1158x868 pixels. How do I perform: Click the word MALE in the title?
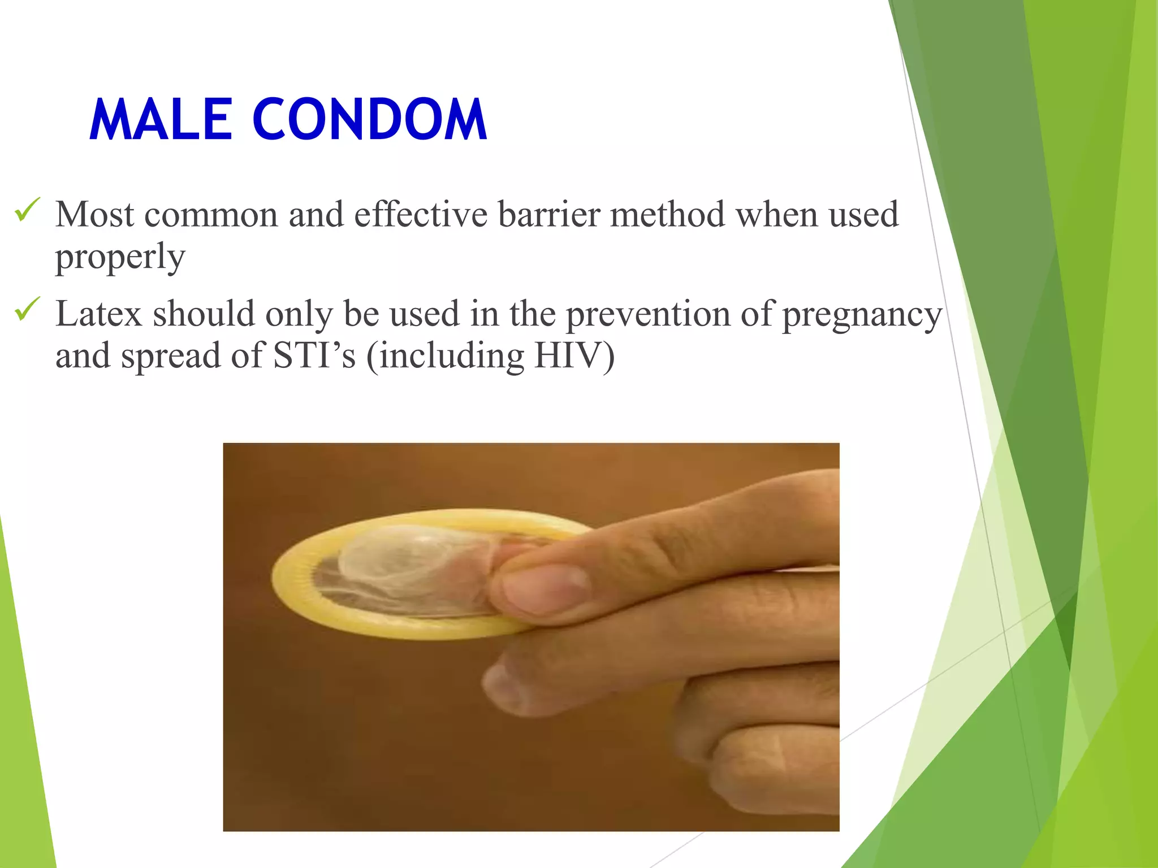point(161,120)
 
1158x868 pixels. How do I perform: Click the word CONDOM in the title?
point(369,120)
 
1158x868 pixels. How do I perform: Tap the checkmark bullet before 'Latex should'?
point(27,309)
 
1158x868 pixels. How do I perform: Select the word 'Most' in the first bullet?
point(95,215)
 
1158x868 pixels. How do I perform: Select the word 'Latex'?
point(98,314)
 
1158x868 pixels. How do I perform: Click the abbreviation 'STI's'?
point(314,357)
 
